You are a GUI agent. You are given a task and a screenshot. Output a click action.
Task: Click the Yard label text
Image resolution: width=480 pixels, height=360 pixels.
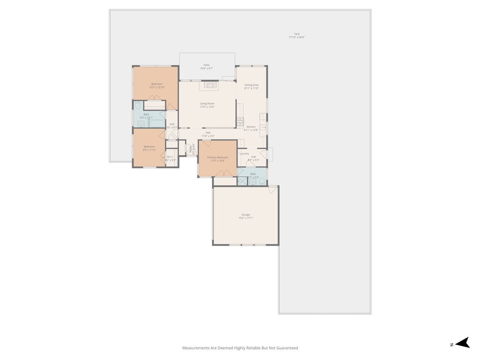[296, 34]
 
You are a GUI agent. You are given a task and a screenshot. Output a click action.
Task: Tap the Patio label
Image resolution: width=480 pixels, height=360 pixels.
[206, 65]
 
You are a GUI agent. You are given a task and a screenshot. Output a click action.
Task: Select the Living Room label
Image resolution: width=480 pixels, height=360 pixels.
[207, 104]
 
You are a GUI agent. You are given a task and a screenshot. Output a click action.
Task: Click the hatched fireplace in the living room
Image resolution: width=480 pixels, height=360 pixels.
[209, 85]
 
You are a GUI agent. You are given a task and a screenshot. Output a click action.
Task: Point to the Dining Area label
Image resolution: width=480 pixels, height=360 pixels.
[251, 85]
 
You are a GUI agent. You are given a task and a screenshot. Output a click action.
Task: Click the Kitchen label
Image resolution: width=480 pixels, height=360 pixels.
[251, 127]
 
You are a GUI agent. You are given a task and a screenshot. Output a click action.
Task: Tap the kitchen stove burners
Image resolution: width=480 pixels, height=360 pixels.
[240, 122]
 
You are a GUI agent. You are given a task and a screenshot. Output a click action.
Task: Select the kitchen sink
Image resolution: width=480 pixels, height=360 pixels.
[263, 127]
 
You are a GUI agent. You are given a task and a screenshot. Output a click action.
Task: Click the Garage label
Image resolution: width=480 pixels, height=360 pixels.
[246, 215]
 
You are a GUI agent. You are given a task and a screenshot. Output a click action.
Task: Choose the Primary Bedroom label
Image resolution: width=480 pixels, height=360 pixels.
[217, 157]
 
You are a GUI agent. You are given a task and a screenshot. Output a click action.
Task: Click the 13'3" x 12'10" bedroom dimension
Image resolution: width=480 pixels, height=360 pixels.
[157, 87]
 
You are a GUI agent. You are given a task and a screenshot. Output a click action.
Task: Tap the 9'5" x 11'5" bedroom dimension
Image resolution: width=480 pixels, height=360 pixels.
[149, 150]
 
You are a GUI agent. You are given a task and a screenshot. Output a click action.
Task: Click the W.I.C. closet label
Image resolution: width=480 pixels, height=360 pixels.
[170, 157]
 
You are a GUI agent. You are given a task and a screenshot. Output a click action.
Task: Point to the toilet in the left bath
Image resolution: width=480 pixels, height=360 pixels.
[138, 105]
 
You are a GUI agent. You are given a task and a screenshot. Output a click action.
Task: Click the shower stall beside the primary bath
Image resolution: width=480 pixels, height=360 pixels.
[242, 181]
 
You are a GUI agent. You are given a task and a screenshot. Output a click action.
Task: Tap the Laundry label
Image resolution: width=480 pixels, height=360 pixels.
[244, 154]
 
